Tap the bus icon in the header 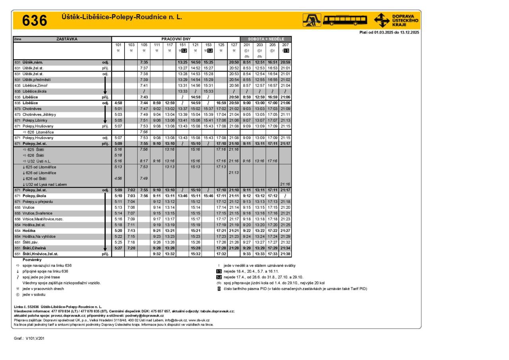click(x=345, y=19)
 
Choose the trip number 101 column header click(x=118, y=45)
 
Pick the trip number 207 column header click(x=285, y=45)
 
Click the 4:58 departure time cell click(x=118, y=103)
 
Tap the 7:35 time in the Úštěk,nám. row click(x=144, y=62)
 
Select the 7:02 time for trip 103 click(x=131, y=190)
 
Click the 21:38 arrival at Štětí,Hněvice click(x=285, y=254)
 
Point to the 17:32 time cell click(x=221, y=254)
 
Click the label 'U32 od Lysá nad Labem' click(x=45, y=184)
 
